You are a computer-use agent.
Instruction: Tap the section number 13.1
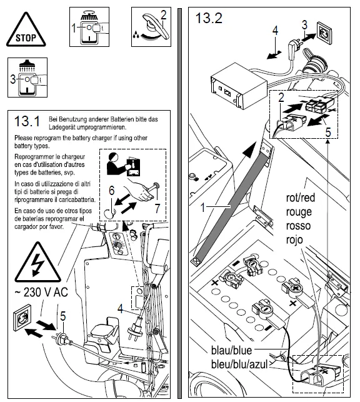pos(27,121)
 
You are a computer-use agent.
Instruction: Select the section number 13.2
pos(209,18)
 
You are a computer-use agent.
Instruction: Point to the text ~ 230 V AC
pos(41,292)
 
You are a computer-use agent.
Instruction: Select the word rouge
pos(299,212)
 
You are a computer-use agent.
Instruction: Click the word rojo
pos(294,239)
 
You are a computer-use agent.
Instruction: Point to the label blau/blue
pos(231,350)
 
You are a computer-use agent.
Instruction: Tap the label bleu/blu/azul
pos(239,364)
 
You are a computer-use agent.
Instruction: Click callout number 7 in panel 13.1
pos(157,208)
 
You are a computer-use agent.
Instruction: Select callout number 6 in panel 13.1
pos(111,191)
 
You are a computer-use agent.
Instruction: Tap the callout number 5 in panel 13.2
pos(328,133)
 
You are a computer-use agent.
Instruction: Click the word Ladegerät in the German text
pos(62,127)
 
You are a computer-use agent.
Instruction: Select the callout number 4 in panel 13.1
pos(121,308)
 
